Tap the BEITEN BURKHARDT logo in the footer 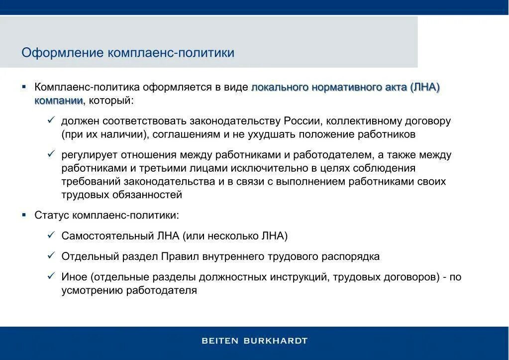(254, 341)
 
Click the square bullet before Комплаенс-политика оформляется (24, 87)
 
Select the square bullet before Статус (24, 215)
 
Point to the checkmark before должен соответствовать (51, 120)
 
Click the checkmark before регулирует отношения (51, 154)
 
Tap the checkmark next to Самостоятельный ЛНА (51, 235)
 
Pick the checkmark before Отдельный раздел (51, 255)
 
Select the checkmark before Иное (51, 276)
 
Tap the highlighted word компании (58, 101)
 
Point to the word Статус (52, 215)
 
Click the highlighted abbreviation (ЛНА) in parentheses (425, 87)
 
